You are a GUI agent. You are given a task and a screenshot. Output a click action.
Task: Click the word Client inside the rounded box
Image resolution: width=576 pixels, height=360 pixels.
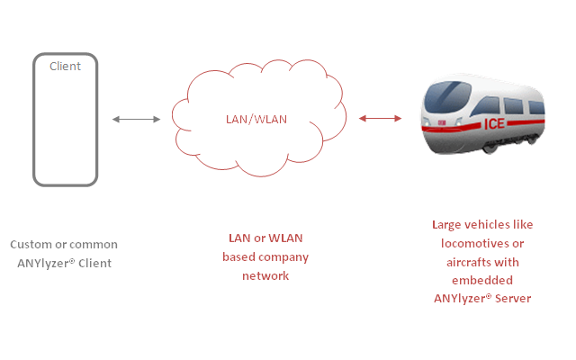click(65, 66)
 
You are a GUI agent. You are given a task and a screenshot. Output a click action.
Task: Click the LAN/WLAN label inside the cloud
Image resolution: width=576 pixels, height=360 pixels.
click(256, 120)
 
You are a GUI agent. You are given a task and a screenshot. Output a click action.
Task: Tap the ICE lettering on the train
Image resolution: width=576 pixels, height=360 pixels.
click(495, 123)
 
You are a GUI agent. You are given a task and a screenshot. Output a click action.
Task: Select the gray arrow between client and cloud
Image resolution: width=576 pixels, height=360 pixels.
click(136, 119)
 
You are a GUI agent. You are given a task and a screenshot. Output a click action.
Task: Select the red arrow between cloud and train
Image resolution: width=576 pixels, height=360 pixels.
click(380, 118)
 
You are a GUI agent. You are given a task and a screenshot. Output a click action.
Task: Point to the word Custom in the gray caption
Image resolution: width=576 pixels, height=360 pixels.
click(31, 244)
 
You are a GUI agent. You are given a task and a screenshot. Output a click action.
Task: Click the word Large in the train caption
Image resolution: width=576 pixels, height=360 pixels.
click(447, 224)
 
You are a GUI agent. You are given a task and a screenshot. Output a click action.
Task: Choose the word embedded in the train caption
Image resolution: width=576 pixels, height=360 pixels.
click(481, 281)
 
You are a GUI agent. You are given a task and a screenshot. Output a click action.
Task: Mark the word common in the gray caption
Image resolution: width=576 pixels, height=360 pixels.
click(92, 244)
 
